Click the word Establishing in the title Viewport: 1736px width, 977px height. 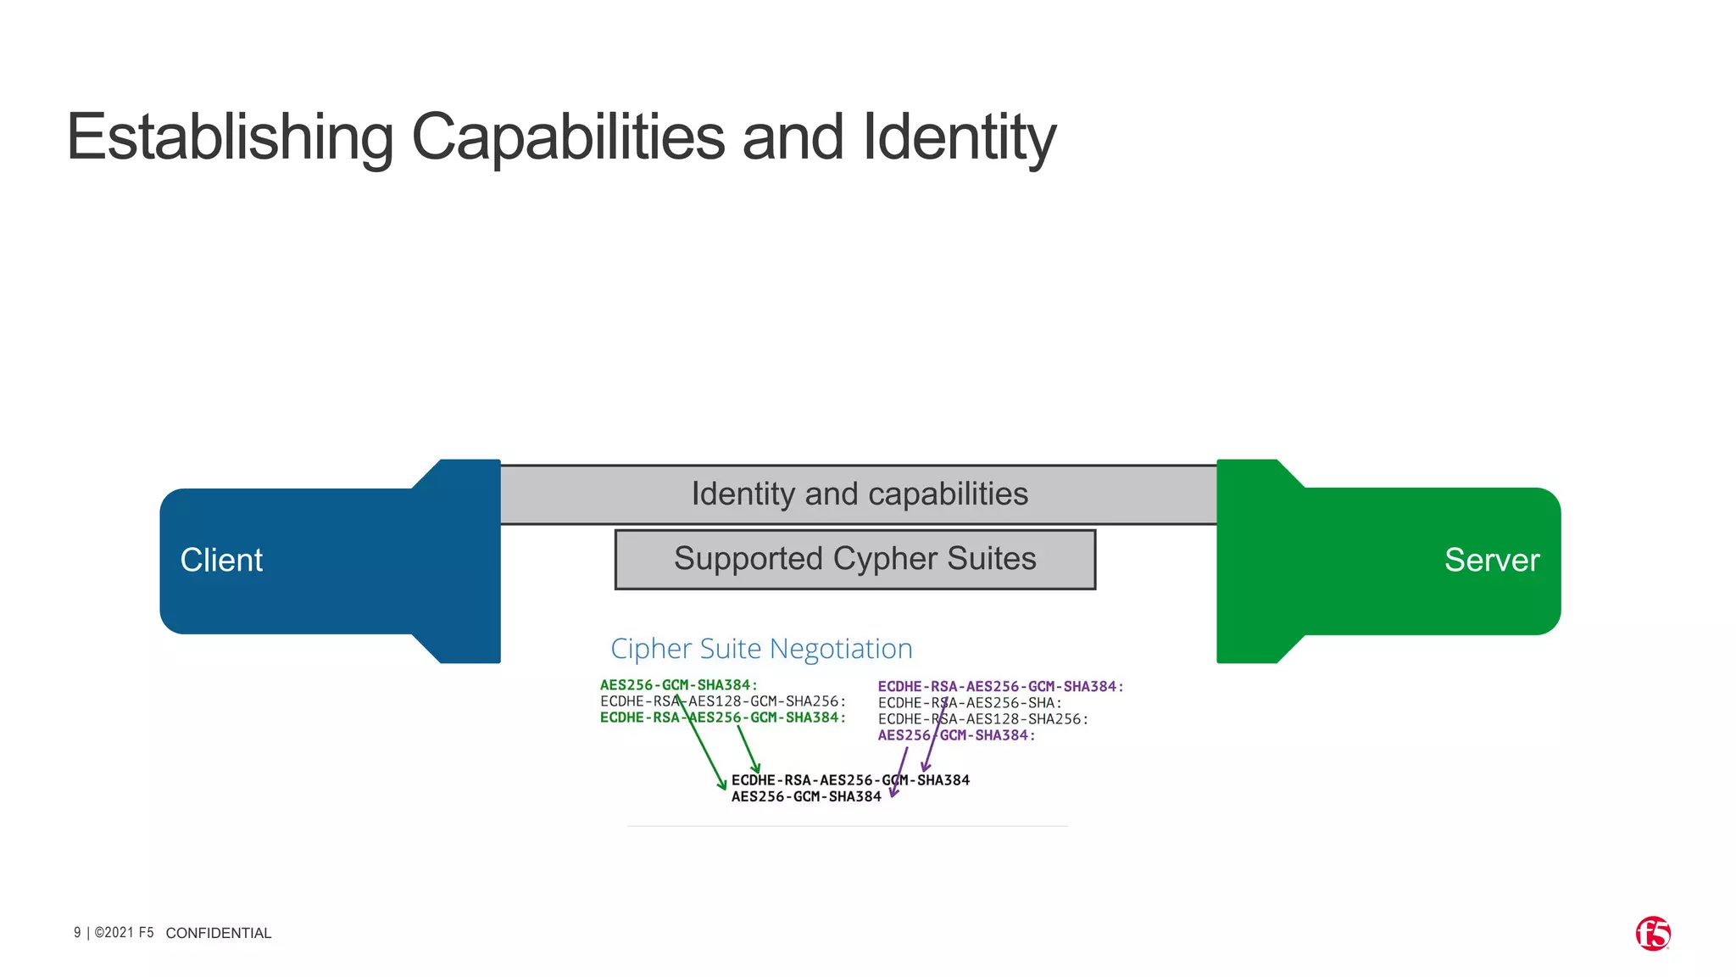[x=230, y=137]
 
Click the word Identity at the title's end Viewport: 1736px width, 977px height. [x=959, y=137]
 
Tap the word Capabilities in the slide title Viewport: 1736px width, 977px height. [x=568, y=137]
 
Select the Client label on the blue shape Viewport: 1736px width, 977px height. [x=221, y=561]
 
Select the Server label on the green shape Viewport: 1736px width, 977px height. [x=1491, y=561]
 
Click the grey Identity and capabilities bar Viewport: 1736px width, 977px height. [x=859, y=494]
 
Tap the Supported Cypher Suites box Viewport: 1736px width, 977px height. [x=854, y=559]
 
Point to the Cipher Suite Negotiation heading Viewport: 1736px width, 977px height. [x=761, y=649]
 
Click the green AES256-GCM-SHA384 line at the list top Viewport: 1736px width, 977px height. [x=678, y=685]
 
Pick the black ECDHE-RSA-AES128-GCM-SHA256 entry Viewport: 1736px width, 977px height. [x=722, y=701]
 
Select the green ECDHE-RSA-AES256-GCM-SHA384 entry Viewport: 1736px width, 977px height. [x=722, y=717]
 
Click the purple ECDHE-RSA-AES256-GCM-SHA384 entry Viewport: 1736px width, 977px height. [x=1000, y=687]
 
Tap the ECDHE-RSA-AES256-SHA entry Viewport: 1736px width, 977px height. [x=970, y=703]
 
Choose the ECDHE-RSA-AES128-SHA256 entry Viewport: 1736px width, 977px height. [x=982, y=719]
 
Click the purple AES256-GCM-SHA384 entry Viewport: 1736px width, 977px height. [x=956, y=735]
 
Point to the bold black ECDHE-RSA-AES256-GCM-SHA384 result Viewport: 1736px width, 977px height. [x=850, y=780]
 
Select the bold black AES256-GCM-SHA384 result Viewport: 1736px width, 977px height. [x=806, y=796]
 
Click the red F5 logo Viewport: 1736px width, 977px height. [x=1652, y=934]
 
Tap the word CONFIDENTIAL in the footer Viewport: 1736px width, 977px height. [x=219, y=933]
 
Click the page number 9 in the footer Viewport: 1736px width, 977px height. [x=77, y=933]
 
